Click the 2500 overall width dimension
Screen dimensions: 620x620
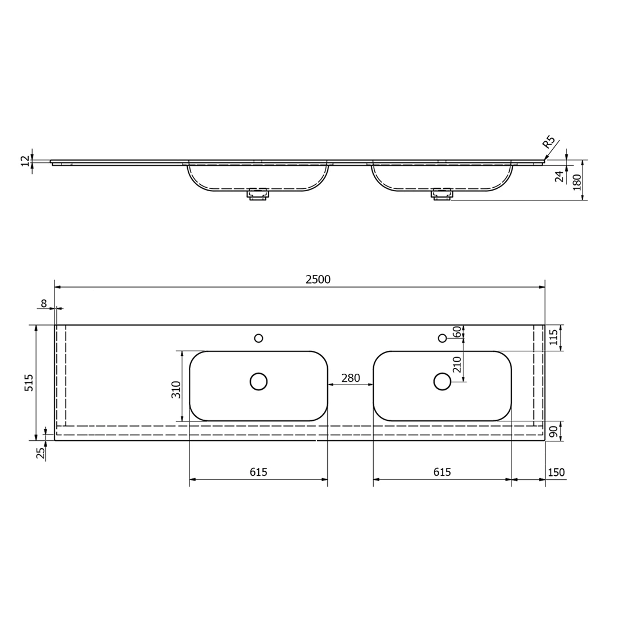(x=318, y=280)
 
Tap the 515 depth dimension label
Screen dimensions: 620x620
(x=29, y=383)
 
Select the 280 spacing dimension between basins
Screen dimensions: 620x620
(x=351, y=378)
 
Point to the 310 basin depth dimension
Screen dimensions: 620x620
(x=176, y=389)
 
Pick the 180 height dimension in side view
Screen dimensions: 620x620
(x=578, y=183)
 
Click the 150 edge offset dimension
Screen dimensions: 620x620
(x=556, y=472)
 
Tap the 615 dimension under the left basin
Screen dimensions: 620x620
(x=258, y=472)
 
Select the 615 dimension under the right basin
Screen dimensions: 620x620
(x=442, y=472)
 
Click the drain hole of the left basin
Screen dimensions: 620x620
(x=258, y=382)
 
